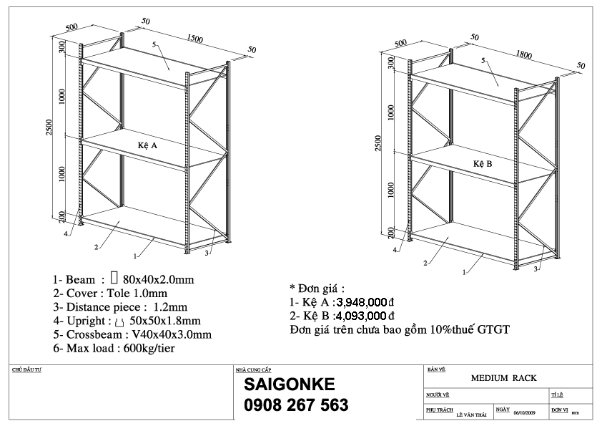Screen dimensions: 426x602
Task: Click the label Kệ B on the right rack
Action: [x=483, y=164]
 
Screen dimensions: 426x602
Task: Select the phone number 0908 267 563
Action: [x=296, y=405]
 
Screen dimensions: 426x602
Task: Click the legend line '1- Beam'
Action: [x=123, y=279]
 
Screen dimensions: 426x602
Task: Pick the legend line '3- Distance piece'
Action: [x=120, y=306]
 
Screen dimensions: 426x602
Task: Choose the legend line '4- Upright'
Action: [x=126, y=320]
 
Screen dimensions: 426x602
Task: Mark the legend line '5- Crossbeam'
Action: [x=132, y=334]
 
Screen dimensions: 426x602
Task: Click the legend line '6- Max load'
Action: [x=114, y=349]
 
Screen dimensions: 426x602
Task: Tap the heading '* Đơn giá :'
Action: [x=316, y=289]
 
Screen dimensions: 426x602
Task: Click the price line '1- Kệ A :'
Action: [x=313, y=303]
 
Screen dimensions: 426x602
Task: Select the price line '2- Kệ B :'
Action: [x=313, y=316]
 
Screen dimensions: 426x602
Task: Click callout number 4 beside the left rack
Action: [x=66, y=233]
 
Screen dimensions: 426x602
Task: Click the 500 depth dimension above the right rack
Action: [x=401, y=43]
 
